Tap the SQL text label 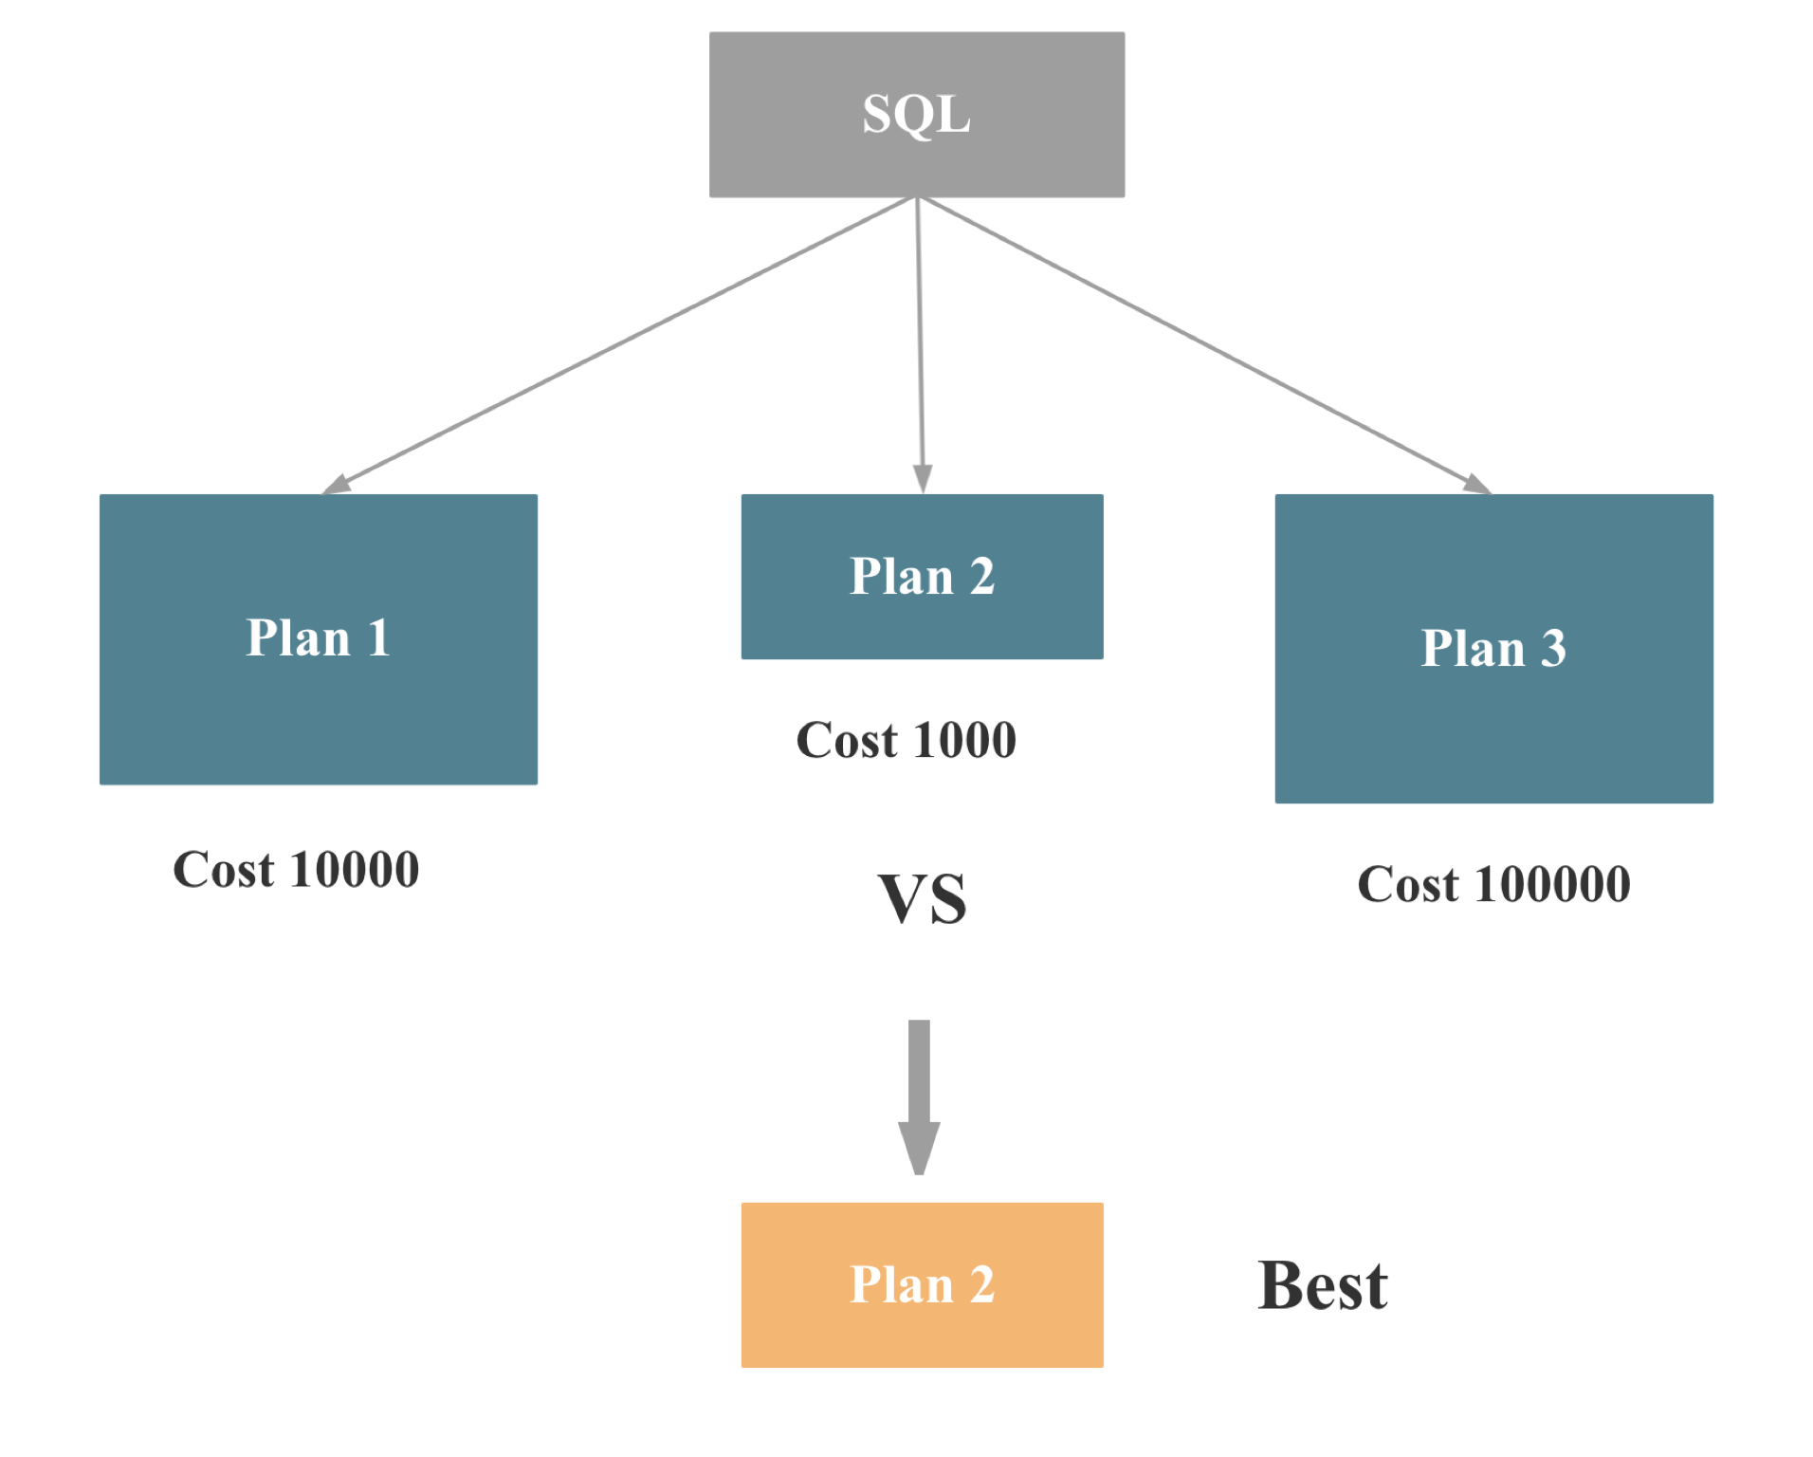pos(916,115)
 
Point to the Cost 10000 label pos(296,869)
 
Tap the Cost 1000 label pos(906,740)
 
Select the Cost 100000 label pos(1493,884)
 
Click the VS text pos(922,898)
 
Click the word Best pos(1322,1285)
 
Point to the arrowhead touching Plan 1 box pos(336,485)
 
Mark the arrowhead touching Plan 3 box pos(1477,485)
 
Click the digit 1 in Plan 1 pos(379,637)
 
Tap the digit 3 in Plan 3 pos(1552,649)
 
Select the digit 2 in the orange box pos(981,1285)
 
